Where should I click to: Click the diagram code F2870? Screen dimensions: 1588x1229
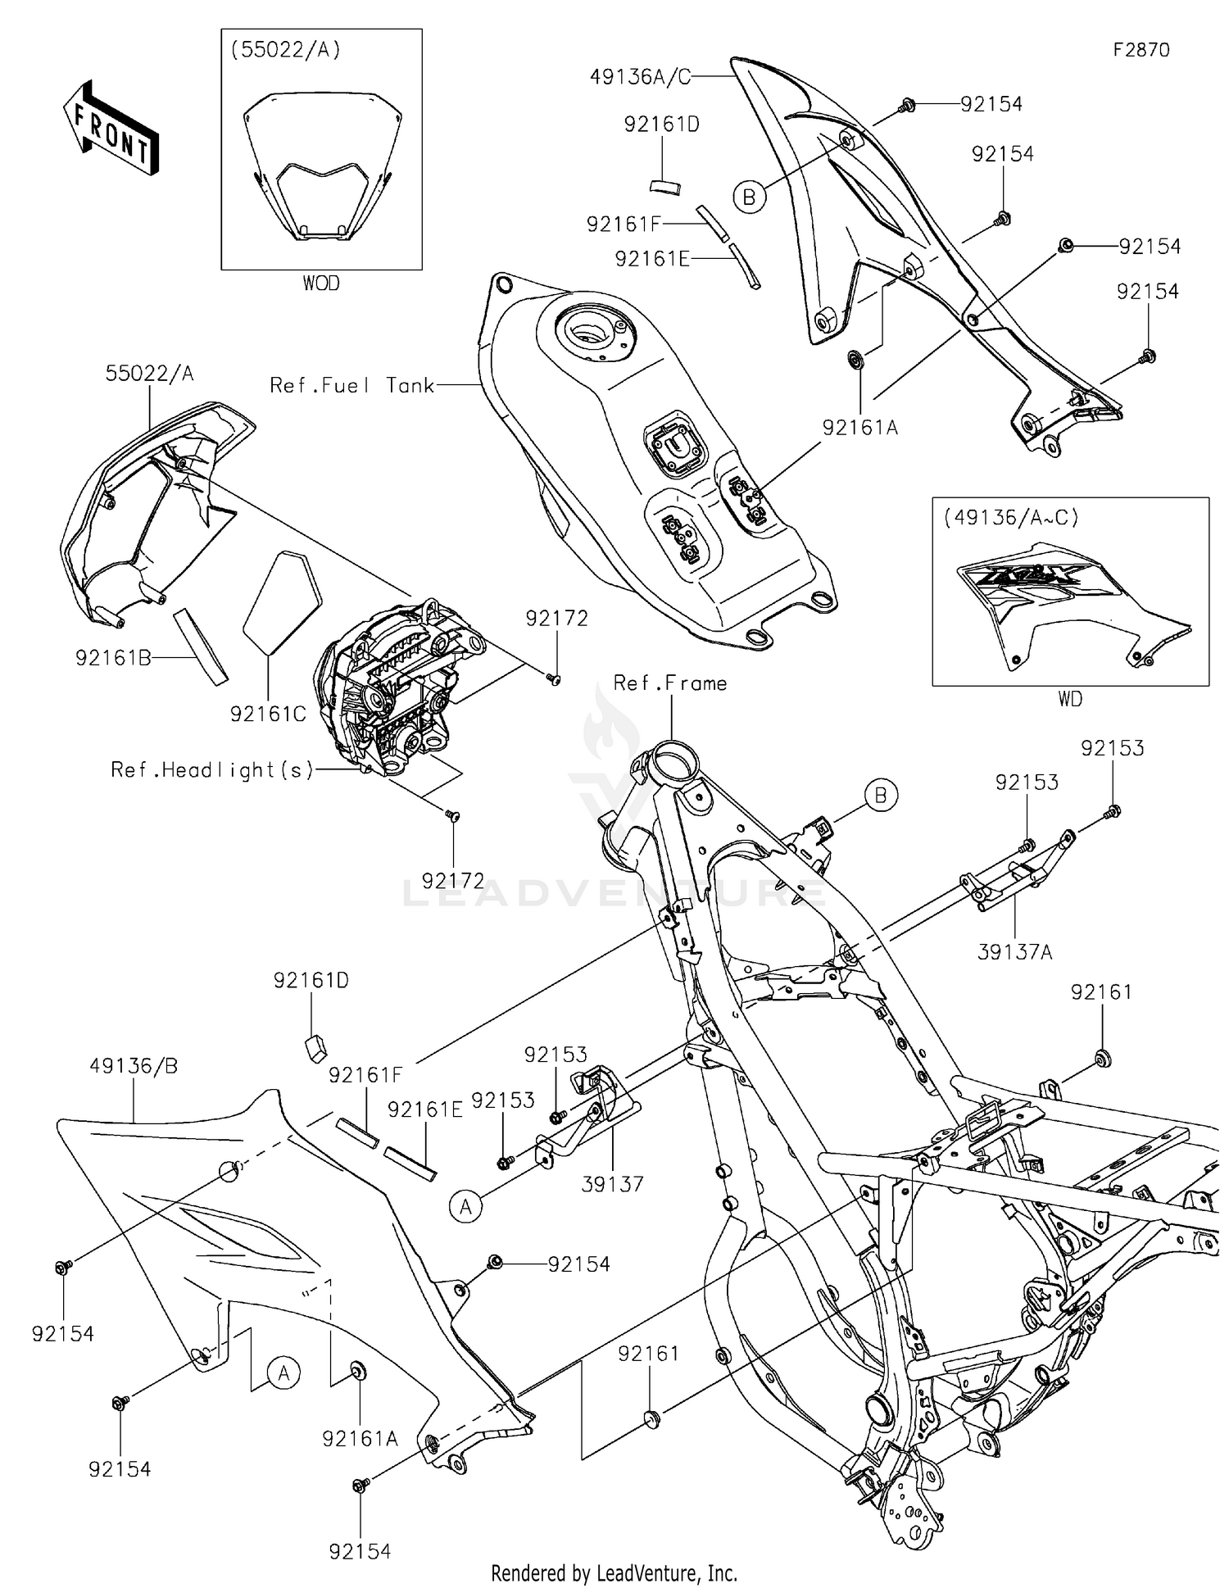(1141, 50)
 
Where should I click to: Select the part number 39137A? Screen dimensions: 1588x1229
(1014, 951)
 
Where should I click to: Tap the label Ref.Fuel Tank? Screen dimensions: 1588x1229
(351, 385)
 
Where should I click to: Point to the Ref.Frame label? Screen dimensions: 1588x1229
(669, 683)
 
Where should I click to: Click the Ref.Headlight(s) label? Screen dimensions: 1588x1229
(212, 769)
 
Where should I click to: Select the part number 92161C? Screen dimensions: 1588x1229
(268, 714)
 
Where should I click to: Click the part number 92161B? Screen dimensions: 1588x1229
(113, 657)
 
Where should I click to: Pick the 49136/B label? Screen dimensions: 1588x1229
(134, 1066)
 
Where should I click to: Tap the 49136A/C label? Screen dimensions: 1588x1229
(640, 77)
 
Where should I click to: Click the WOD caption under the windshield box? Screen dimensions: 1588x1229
(320, 284)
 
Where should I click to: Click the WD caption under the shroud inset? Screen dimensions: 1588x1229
(1069, 699)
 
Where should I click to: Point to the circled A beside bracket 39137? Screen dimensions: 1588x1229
(466, 1206)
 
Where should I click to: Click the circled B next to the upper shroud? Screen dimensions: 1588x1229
(749, 197)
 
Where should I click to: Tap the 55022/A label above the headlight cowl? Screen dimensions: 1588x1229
(149, 374)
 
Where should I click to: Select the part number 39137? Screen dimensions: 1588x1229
(612, 1183)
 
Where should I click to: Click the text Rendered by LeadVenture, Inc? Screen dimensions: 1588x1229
(614, 1573)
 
